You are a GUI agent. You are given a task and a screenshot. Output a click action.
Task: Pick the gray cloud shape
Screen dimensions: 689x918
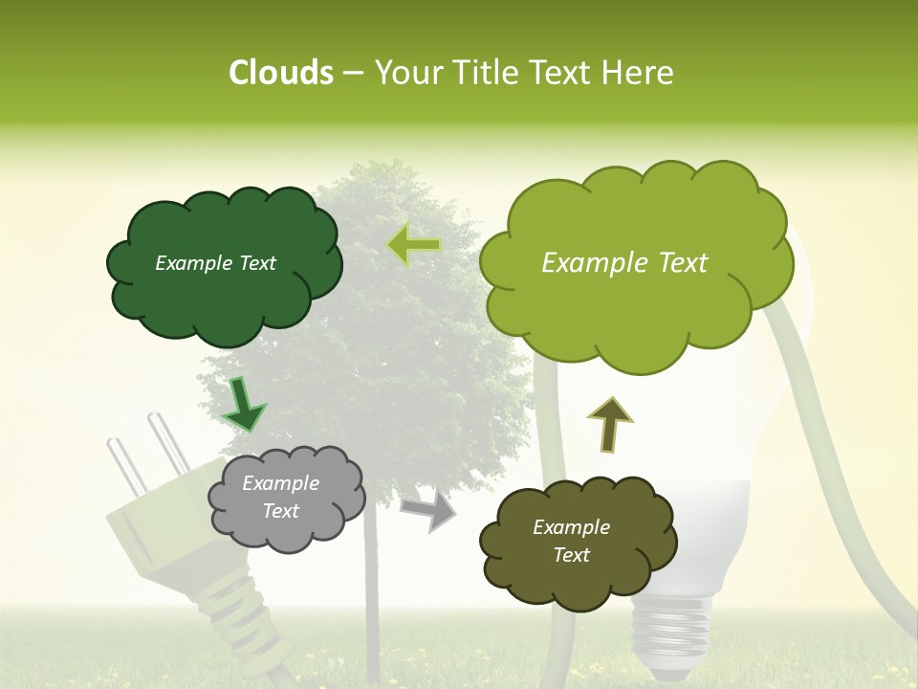[287, 531]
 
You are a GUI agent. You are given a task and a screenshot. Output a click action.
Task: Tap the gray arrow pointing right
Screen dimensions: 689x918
[429, 509]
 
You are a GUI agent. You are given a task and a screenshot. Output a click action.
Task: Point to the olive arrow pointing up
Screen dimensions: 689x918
[609, 424]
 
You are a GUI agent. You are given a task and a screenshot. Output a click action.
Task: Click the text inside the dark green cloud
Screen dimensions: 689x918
[215, 263]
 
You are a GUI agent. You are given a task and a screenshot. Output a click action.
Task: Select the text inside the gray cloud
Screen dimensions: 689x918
[280, 497]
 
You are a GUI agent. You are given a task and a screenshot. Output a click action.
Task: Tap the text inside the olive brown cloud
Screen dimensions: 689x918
[571, 541]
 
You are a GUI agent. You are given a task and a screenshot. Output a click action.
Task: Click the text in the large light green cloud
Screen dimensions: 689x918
[624, 263]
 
